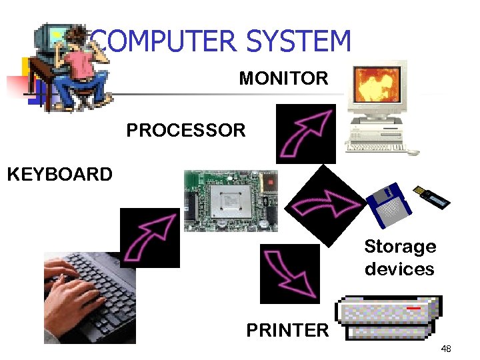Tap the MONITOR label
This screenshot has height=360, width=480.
283,79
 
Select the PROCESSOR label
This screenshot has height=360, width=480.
186,130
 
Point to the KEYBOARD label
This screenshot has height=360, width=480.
59,175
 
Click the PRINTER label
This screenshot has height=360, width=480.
287,330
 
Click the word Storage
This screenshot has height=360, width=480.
400,247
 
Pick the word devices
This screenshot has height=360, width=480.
399,269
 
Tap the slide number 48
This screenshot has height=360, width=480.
445,349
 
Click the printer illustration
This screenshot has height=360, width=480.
389,319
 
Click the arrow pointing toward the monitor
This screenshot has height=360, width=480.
305,133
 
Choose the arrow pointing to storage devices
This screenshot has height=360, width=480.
328,200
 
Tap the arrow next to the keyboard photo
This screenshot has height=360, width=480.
149,237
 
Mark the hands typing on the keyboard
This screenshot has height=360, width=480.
70,287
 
